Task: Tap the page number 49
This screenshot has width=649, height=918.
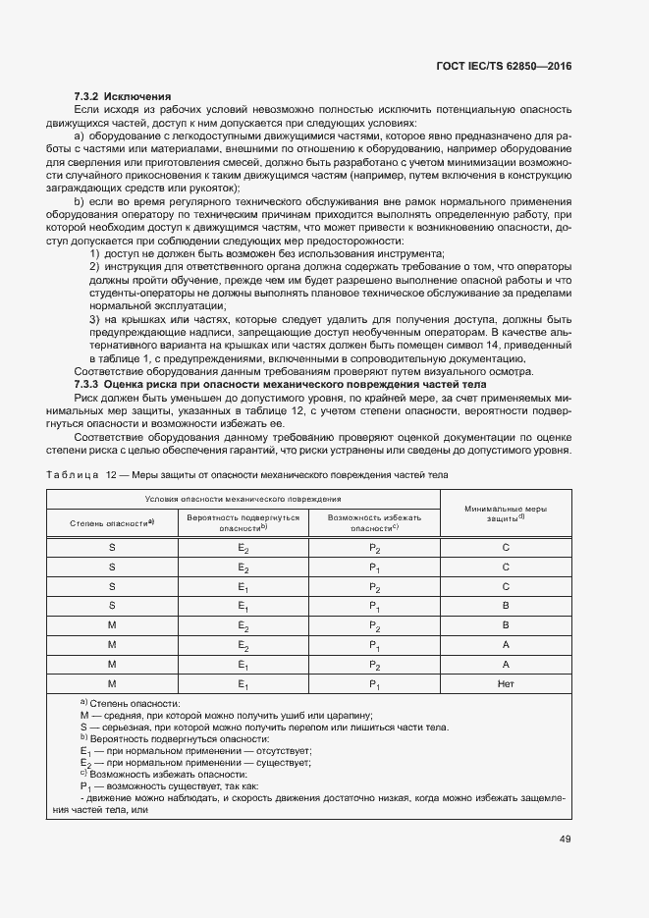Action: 565,838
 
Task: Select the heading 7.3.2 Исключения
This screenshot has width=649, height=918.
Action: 123,96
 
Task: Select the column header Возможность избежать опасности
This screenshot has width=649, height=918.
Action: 374,522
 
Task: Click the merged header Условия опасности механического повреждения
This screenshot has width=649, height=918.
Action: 243,500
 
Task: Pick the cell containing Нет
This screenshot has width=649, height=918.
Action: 505,683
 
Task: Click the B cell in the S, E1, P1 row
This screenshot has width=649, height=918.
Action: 505,607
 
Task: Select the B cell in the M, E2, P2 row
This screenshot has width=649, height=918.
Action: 505,625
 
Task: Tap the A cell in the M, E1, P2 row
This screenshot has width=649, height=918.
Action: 505,664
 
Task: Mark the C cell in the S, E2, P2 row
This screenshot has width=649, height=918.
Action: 505,549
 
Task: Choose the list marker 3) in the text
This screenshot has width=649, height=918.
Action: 95,320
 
